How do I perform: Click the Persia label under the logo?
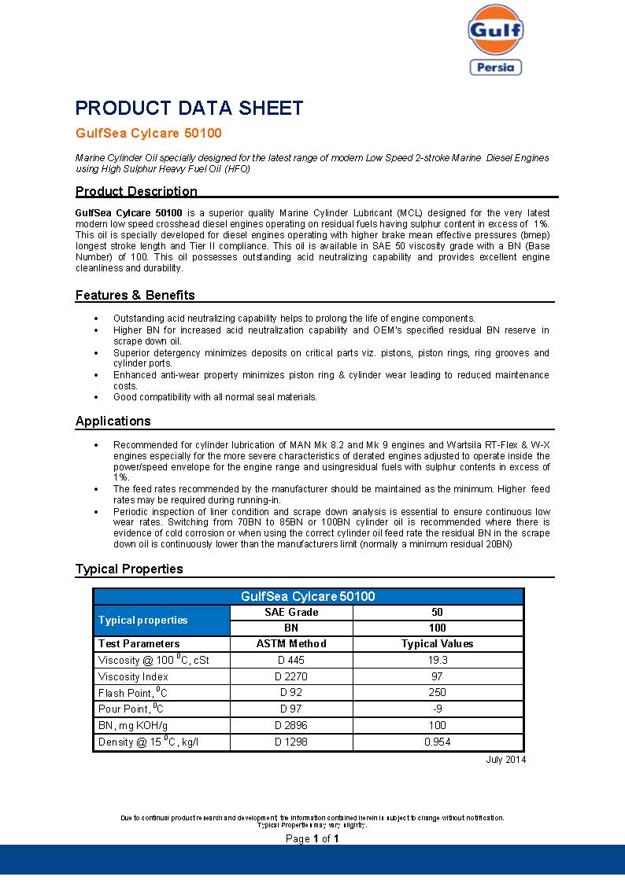tap(496, 68)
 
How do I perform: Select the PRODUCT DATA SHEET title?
tap(189, 109)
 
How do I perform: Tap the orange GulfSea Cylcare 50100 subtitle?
tap(149, 134)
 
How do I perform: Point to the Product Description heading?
tap(136, 191)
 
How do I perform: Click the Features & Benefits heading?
tap(135, 296)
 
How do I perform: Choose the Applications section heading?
tap(113, 421)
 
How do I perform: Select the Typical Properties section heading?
tap(129, 569)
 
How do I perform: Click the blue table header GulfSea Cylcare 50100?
tap(308, 596)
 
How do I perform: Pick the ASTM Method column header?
tap(291, 643)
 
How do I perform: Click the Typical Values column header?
tap(437, 643)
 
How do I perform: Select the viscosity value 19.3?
tap(437, 660)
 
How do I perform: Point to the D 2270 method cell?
tap(291, 676)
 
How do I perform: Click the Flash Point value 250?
tap(437, 693)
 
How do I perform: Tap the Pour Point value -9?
tap(437, 709)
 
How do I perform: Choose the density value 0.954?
tap(437, 742)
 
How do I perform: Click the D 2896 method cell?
tap(291, 726)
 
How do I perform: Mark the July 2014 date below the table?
tap(506, 760)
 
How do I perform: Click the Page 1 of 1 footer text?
tap(312, 839)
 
